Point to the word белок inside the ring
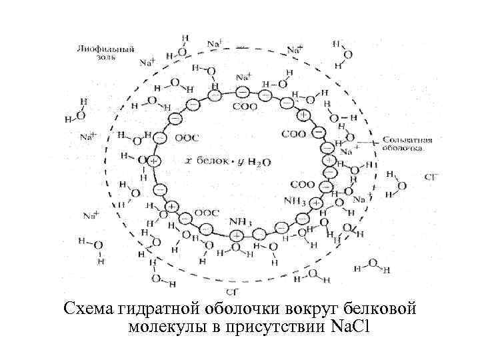(x=211, y=161)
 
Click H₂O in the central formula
(x=265, y=162)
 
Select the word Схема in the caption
(x=88, y=309)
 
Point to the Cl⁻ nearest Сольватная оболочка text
(x=431, y=177)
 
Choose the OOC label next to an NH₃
(x=207, y=213)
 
